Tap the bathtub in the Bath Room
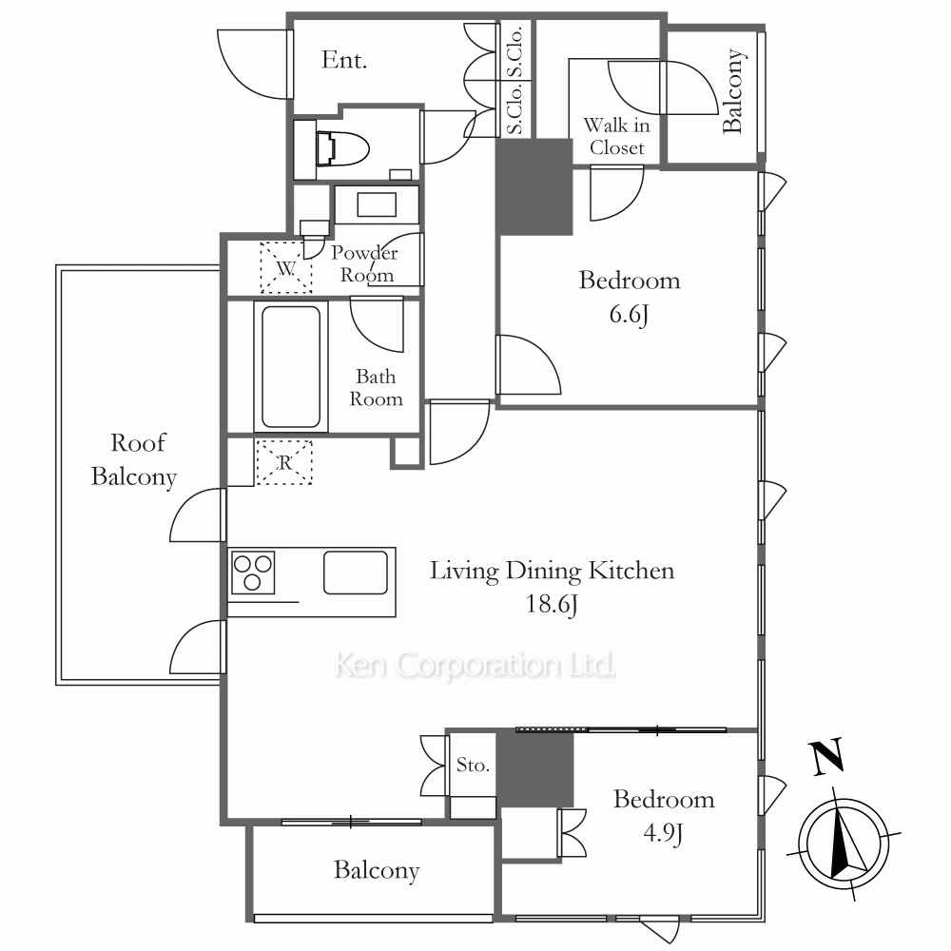291,367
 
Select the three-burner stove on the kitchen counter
252,572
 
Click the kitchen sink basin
356,572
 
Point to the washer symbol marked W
286,267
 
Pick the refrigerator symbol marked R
284,463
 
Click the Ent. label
344,60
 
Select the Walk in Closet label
616,136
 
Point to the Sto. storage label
473,765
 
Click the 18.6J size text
552,604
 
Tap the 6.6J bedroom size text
629,315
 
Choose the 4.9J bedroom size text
663,833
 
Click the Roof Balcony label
135,459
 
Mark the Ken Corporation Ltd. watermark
475,666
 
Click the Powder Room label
364,263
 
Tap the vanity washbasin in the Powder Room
377,205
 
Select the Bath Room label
376,388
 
